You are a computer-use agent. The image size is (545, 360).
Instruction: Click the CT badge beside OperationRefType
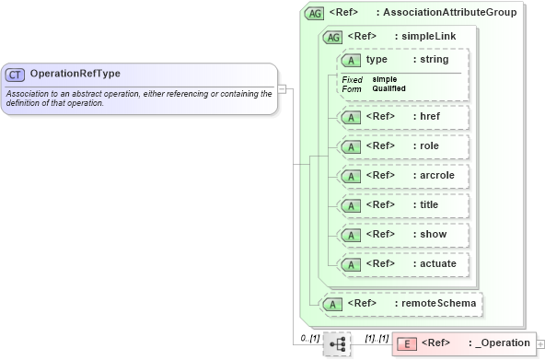[15, 75]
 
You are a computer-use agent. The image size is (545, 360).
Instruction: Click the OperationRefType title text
[75, 74]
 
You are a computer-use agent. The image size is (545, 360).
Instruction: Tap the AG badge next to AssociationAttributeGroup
[314, 13]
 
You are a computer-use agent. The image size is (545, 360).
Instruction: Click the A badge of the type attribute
[350, 60]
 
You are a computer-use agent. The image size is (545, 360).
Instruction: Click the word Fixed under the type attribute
[352, 79]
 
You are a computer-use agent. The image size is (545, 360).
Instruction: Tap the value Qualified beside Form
[389, 88]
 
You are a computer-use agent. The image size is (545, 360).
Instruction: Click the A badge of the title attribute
[350, 205]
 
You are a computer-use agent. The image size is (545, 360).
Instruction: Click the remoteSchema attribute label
[435, 302]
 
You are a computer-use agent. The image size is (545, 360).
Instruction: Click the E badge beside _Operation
[405, 343]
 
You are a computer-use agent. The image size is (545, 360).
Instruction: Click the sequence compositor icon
[337, 343]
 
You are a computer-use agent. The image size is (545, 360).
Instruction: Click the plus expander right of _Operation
[540, 343]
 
